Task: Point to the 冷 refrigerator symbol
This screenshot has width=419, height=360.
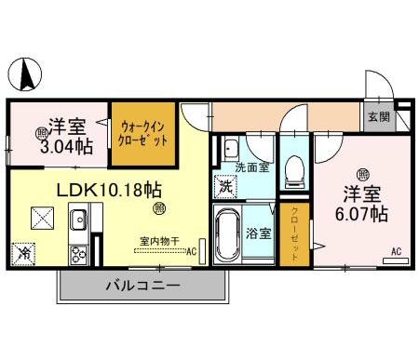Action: [x=22, y=251]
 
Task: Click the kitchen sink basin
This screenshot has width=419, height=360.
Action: [x=78, y=221]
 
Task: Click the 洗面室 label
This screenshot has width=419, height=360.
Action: [x=250, y=168]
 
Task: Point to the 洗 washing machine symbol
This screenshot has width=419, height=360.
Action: [x=226, y=185]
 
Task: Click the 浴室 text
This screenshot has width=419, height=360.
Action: [x=260, y=233]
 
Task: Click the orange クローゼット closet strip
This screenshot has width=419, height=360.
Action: [x=294, y=232]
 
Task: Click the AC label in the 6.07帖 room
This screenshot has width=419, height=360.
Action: [x=396, y=251]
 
